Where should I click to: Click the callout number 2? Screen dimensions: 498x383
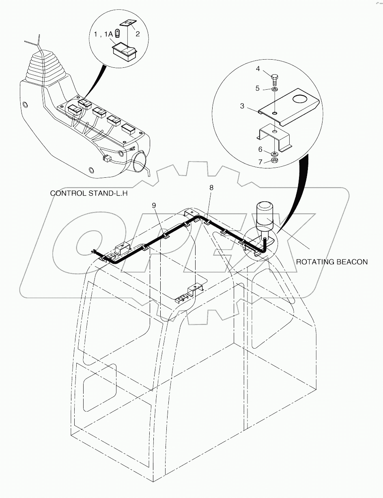pos(138,34)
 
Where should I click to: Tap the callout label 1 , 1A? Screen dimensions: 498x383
pos(103,35)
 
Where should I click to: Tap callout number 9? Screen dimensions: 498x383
pos(154,206)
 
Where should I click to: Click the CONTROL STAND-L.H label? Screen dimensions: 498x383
pos(89,194)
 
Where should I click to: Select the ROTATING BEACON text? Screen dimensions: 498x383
pos(331,262)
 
